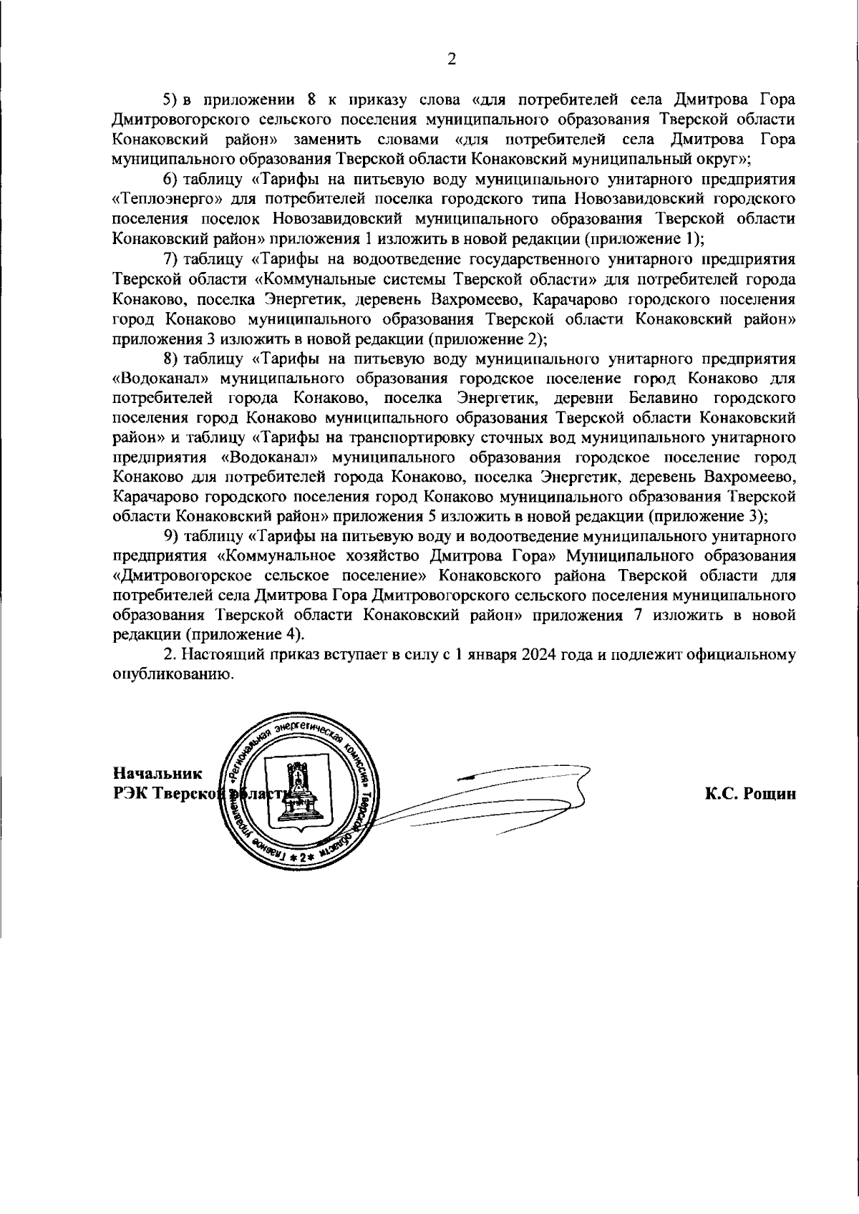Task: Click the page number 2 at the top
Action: point(451,59)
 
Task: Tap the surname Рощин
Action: point(770,794)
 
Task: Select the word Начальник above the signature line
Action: point(158,773)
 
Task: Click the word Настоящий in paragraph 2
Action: point(215,654)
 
